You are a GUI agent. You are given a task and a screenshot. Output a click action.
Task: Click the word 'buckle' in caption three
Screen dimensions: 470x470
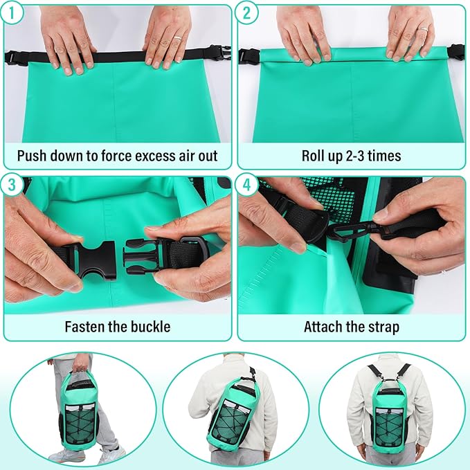coord(149,327)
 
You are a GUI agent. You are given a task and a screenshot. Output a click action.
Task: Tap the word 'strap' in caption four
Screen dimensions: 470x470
coord(383,327)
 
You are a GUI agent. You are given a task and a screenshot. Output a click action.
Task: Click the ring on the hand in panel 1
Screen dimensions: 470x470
coord(177,39)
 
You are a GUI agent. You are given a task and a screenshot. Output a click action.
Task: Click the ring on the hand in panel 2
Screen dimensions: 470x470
coord(424,30)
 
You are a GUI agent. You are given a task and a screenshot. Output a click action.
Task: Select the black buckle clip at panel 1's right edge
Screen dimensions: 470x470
coord(219,53)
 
